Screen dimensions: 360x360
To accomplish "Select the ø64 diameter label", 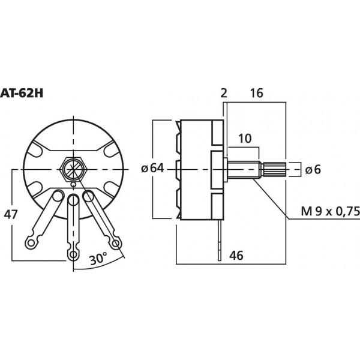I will (153, 169).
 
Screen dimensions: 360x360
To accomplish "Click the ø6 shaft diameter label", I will (313, 170).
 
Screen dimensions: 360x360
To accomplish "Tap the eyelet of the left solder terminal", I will (31, 242).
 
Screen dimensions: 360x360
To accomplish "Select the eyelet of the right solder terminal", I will (115, 242).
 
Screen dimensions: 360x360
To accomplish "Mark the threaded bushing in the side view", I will (242, 169).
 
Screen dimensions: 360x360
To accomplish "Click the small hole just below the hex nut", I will (73, 184).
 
